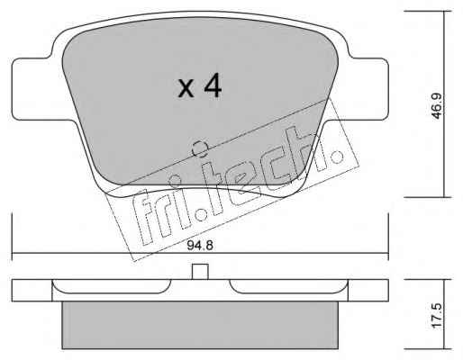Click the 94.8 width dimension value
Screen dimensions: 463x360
click(x=200, y=246)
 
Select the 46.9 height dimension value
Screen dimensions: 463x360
click(x=437, y=106)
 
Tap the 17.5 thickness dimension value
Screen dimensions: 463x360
click(x=437, y=315)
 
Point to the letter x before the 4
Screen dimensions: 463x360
click(x=186, y=88)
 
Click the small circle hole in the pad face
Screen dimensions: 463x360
click(x=200, y=148)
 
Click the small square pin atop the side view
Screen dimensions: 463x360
click(x=200, y=272)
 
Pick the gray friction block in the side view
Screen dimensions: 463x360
click(x=200, y=325)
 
